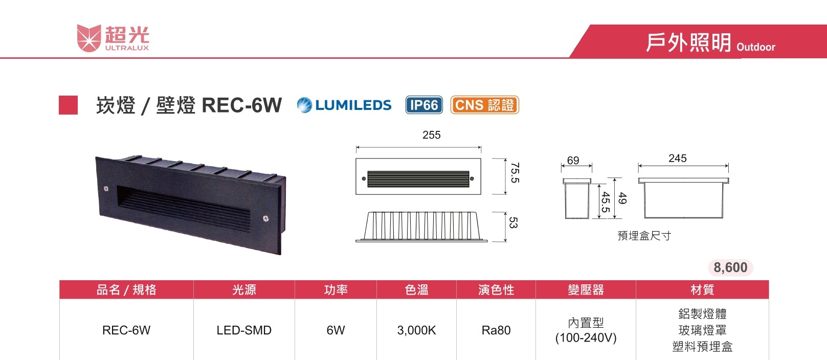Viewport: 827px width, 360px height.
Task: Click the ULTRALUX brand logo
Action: coord(113,38)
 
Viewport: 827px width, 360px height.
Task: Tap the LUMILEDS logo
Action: coord(344,105)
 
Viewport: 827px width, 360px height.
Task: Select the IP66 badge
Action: coord(424,105)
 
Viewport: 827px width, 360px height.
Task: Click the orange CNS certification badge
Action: coord(484,105)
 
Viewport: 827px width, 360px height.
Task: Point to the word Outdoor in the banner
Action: coord(755,47)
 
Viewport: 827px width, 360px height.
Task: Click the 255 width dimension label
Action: coord(431,135)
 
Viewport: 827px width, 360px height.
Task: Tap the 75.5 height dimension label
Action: coord(515,173)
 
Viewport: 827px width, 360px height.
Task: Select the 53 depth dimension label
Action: coord(513,223)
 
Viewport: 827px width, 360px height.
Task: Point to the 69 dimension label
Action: coord(573,161)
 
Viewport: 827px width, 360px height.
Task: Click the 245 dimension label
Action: coord(677,159)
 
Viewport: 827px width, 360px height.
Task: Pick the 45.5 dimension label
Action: coord(606,202)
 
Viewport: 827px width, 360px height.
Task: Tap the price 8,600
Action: coord(730,267)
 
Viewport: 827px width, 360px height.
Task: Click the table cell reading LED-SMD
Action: coord(244,330)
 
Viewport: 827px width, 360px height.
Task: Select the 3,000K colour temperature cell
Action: coord(416,330)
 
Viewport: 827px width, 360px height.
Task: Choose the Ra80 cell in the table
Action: coord(496,330)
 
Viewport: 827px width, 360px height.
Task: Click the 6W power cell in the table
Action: coord(336,330)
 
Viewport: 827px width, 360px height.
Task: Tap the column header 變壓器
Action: coord(586,290)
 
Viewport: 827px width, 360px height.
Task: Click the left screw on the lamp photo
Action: coord(106,189)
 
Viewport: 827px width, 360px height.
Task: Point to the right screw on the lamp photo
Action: coord(265,219)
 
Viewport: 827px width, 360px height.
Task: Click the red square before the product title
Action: coord(68,105)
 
